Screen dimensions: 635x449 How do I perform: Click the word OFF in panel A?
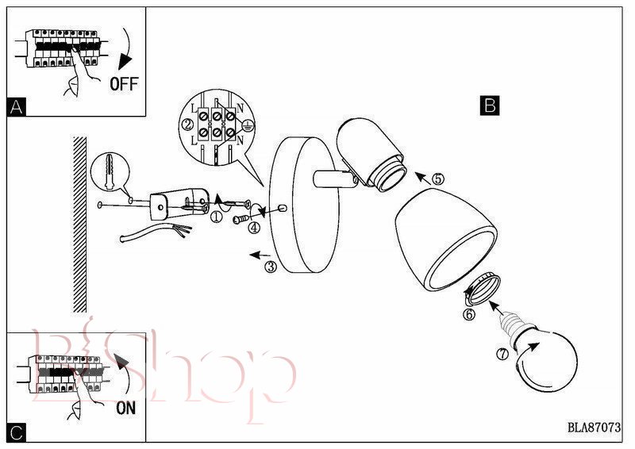tap(124, 84)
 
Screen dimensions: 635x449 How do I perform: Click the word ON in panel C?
tap(126, 408)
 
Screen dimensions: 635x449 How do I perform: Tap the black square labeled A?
tap(16, 107)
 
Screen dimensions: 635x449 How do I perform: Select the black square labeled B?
tap(490, 106)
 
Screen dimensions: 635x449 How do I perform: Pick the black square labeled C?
tap(17, 433)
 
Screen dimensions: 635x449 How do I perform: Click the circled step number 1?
tap(217, 217)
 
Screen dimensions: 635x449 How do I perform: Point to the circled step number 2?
tap(187, 125)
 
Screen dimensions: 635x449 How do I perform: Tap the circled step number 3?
tap(271, 267)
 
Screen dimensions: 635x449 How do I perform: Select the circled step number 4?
tap(254, 228)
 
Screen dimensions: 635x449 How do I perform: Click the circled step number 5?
tap(438, 178)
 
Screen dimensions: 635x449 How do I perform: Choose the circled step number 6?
tap(469, 314)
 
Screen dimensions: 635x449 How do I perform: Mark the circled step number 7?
tap(502, 355)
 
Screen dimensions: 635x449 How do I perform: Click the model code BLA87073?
tap(594, 427)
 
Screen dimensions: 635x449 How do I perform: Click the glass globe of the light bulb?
tap(547, 360)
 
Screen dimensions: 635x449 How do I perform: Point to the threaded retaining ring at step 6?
tap(483, 289)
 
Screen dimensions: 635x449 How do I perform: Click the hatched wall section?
tap(80, 224)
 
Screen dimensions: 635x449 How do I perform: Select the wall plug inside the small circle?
tap(110, 171)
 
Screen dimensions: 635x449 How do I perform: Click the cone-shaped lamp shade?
tap(445, 239)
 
